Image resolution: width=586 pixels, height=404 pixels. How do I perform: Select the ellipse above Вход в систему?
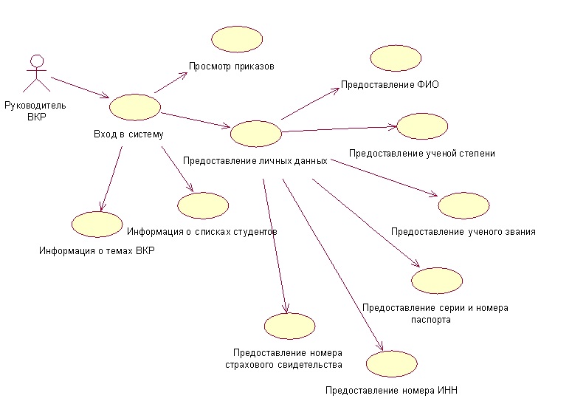point(134,106)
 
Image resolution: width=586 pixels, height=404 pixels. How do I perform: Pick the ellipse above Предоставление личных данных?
point(256,134)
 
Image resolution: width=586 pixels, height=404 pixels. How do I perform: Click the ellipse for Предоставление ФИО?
point(396,58)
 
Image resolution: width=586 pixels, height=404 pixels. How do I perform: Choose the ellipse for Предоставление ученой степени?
point(423,126)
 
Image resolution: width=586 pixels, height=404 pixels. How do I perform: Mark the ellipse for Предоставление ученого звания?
point(463,206)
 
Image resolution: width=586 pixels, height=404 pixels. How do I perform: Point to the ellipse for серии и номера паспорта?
point(437,281)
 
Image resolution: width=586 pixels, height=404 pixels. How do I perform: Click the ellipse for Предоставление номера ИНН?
point(392,363)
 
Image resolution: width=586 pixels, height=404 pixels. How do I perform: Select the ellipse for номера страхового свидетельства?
point(289,326)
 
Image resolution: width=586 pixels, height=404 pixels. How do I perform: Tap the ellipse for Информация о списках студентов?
point(203,205)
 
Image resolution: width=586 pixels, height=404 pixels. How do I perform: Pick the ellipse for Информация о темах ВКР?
point(97,224)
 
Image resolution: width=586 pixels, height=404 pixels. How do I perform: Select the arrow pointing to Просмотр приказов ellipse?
point(171,83)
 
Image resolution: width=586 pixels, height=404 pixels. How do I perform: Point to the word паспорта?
point(430,320)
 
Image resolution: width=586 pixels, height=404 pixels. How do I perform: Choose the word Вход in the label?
point(103,134)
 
